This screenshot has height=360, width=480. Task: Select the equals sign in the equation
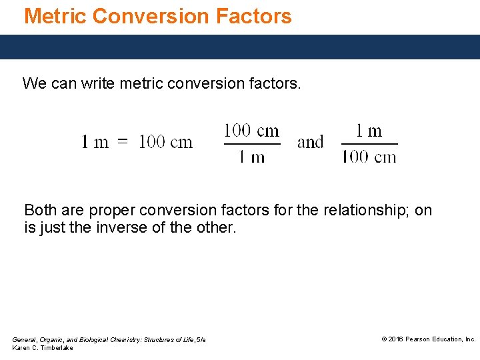point(123,142)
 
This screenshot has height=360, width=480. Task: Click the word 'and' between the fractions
point(310,142)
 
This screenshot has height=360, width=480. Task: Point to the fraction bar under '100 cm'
point(251,143)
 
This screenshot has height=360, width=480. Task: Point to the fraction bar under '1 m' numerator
point(369,143)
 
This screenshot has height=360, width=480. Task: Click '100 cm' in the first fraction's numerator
point(251,130)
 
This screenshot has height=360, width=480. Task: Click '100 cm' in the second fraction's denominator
point(369,157)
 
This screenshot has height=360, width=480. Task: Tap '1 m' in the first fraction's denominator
point(251,157)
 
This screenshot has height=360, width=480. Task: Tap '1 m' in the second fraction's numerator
point(369,130)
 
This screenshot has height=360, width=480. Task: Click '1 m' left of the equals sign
point(95,142)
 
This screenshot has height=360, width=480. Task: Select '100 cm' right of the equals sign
point(165,142)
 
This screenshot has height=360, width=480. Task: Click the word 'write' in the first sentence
point(97,83)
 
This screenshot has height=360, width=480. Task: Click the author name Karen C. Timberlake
point(43,348)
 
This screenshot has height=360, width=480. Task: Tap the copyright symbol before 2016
point(384,339)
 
